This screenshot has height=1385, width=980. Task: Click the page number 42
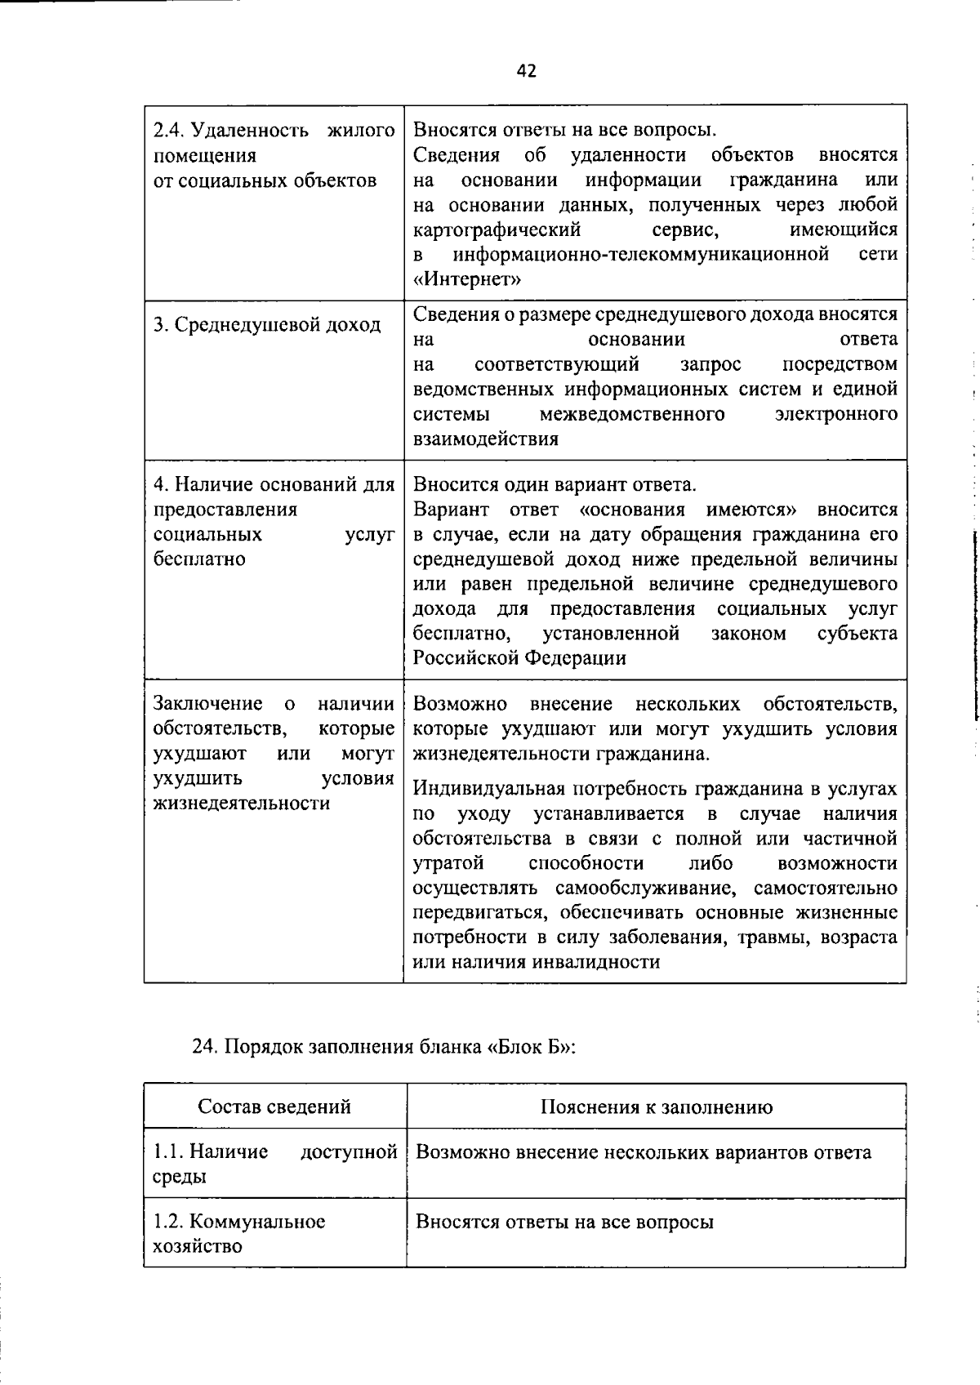click(527, 71)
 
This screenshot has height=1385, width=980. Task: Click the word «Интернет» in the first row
click(467, 279)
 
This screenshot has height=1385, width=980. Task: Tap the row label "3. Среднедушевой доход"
click(267, 325)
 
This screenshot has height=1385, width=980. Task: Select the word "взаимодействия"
click(486, 439)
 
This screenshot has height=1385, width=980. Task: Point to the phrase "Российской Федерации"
click(519, 658)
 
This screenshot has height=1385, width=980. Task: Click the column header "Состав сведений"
click(274, 1107)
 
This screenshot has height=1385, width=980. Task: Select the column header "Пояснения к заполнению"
click(656, 1107)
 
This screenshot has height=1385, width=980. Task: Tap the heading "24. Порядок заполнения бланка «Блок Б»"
click(384, 1048)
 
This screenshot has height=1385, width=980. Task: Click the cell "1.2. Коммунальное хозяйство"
click(239, 1233)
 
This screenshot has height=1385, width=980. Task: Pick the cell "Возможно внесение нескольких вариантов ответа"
click(644, 1152)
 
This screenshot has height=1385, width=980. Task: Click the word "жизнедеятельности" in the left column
click(242, 804)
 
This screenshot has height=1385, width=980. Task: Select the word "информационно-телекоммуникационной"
click(641, 254)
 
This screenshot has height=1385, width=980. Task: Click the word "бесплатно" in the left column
click(199, 559)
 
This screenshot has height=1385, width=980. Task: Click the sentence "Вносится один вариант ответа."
click(555, 485)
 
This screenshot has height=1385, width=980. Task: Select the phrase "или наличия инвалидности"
click(536, 962)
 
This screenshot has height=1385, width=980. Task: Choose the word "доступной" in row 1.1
click(349, 1151)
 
